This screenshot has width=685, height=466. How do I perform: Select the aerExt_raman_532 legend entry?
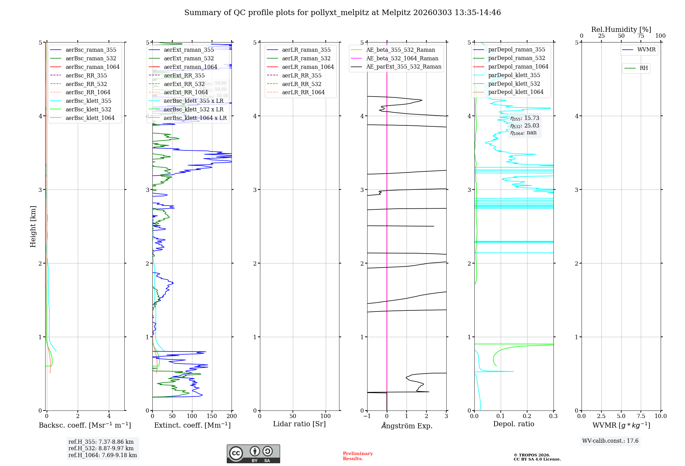(x=189, y=58)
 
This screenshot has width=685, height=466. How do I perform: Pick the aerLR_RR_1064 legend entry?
(x=303, y=92)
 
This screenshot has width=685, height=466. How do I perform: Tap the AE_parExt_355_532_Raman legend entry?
(x=403, y=66)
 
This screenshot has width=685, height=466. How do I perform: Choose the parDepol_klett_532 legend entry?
(x=514, y=84)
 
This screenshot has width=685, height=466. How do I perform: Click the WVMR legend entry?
(x=646, y=50)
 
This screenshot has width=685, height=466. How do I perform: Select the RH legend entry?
(x=644, y=68)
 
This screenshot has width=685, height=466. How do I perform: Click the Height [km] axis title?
(x=33, y=226)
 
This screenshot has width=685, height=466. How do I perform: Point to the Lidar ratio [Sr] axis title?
(x=299, y=424)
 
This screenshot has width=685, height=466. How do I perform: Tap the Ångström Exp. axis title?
(x=407, y=426)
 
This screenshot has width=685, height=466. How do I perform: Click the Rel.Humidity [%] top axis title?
(x=621, y=29)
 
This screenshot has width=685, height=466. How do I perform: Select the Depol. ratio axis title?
(x=513, y=424)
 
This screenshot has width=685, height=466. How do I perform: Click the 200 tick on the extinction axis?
(x=232, y=416)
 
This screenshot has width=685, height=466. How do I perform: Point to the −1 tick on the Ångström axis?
(x=367, y=416)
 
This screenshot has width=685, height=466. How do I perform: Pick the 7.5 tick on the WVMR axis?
(x=641, y=416)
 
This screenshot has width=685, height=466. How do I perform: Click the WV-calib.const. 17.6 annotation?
(x=610, y=441)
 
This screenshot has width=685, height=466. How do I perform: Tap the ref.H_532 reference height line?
(x=101, y=448)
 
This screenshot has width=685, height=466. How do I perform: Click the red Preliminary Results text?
(x=358, y=456)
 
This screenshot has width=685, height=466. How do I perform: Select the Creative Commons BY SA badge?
(x=253, y=454)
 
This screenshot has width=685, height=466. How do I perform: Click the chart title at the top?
(x=342, y=13)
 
